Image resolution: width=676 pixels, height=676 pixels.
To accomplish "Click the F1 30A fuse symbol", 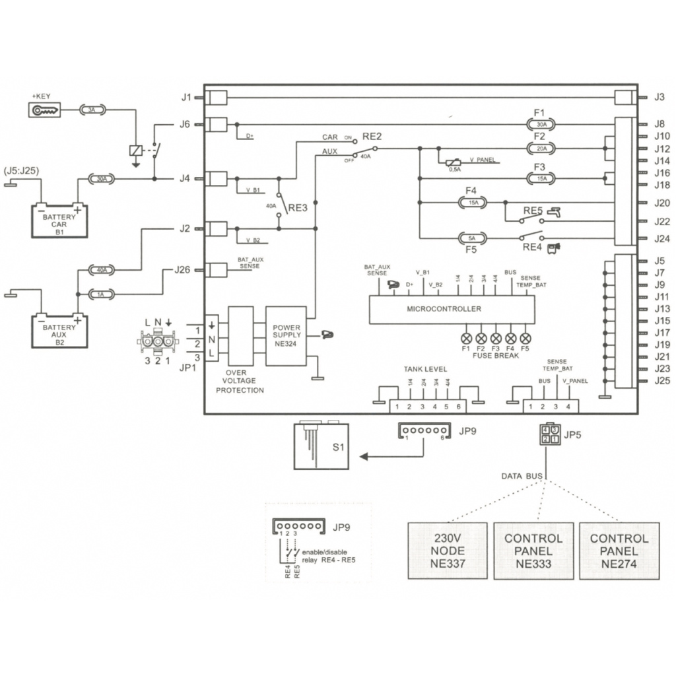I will [541, 123].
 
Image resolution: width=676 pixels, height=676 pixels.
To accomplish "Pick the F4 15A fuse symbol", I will [473, 203].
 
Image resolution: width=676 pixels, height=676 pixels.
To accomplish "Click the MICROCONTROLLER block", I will [452, 309].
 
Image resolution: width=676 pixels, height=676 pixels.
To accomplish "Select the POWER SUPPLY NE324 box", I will [286, 336].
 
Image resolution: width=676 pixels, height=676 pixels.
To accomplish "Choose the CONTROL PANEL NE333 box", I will [533, 551].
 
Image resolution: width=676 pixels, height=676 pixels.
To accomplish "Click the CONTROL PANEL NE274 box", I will [619, 551].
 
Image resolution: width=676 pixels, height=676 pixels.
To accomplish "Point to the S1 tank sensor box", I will [321, 447].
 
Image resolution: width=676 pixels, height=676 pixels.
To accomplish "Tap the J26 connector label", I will [182, 269].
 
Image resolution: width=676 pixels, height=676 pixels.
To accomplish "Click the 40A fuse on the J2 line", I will [102, 270].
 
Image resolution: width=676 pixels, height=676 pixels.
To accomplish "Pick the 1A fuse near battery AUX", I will [102, 294].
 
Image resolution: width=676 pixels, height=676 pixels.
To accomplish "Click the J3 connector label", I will [659, 97].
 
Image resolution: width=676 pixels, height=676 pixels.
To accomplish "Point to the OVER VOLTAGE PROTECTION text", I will [240, 382].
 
